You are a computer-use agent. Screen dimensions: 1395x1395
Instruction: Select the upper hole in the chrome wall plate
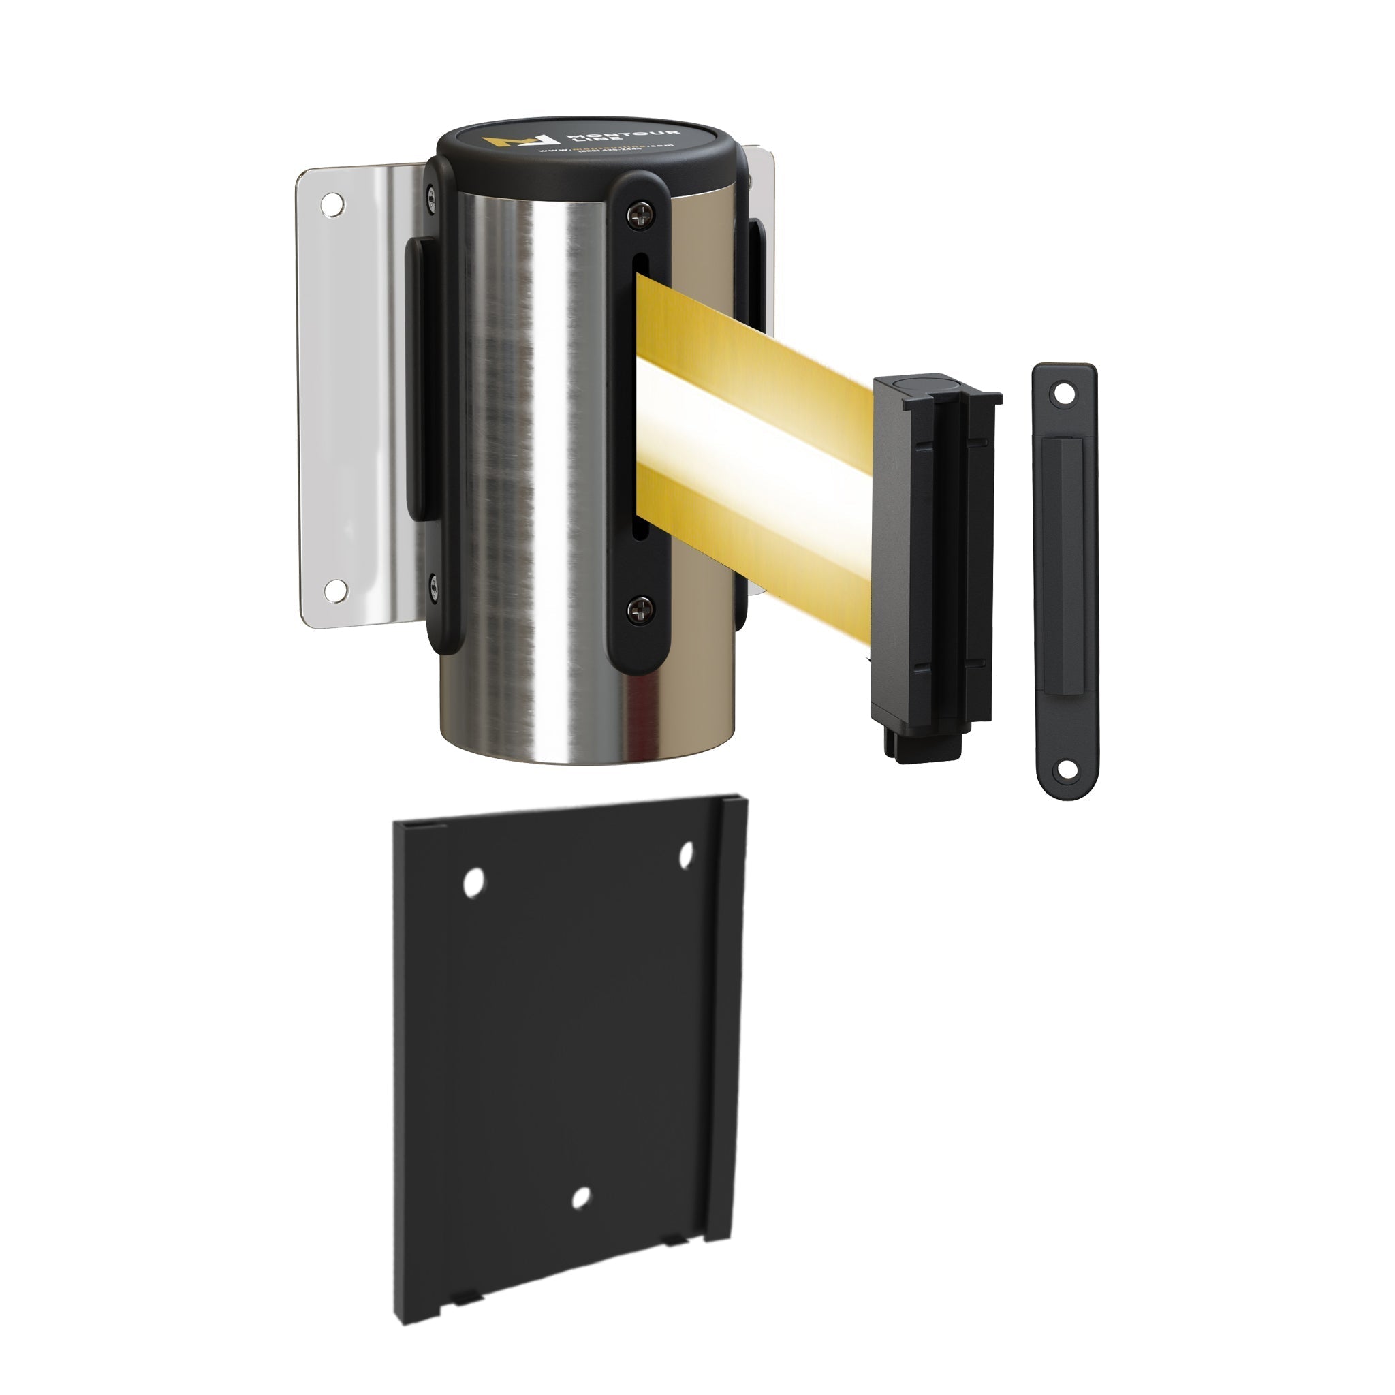click(x=333, y=204)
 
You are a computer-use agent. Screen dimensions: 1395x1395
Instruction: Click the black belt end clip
click(x=935, y=563)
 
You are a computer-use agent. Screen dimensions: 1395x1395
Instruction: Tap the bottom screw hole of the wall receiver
click(x=1066, y=770)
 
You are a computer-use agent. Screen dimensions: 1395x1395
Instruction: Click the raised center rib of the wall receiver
click(x=1065, y=578)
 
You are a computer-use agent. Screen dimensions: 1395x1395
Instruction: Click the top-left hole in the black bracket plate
click(x=473, y=882)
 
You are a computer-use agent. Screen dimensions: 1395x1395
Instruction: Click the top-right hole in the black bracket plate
click(x=686, y=854)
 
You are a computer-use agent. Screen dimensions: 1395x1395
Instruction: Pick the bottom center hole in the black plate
click(x=580, y=1198)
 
